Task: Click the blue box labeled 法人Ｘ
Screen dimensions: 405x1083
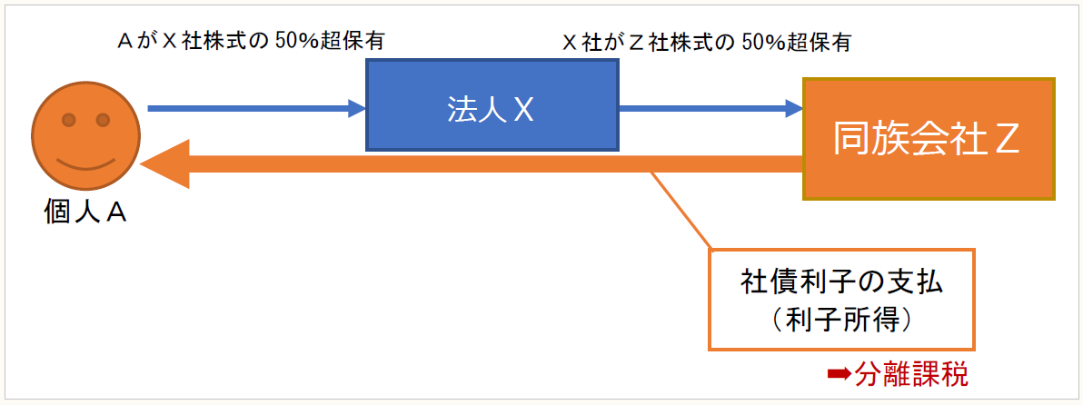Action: (x=491, y=106)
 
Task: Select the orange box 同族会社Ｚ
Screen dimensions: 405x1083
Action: (x=928, y=139)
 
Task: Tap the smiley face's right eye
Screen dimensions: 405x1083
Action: (x=103, y=119)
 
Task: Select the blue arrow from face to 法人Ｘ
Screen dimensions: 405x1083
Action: (x=254, y=109)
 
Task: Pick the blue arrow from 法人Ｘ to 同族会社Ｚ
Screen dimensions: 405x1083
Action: (x=709, y=109)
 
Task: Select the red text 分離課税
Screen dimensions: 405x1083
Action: (x=919, y=372)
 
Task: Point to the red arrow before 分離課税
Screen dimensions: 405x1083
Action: (x=837, y=372)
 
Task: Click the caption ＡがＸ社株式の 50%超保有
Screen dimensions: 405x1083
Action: (x=254, y=41)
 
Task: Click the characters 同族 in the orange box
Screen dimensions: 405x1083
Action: (x=869, y=139)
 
